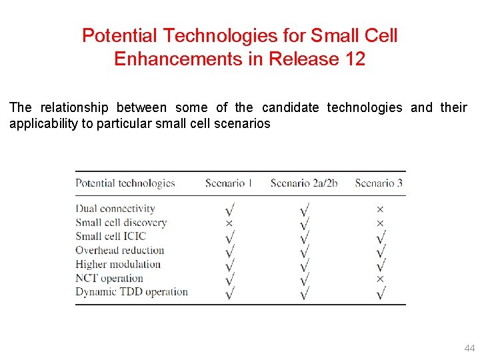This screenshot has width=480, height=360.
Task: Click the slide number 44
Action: tap(469, 349)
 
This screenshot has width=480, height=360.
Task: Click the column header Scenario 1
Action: tap(229, 183)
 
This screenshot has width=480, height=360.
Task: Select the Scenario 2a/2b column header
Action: tap(303, 183)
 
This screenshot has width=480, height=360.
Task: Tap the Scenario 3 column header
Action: tap(379, 183)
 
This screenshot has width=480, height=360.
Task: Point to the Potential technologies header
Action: tap(125, 183)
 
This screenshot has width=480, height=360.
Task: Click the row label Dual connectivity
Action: tap(115, 209)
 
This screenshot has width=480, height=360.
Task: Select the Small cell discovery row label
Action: tap(121, 223)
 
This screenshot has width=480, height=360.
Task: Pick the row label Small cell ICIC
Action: tap(111, 236)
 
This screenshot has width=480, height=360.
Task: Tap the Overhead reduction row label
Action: tap(120, 250)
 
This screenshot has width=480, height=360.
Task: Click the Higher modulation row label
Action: tap(118, 264)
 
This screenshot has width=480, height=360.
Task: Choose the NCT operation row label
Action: tap(109, 278)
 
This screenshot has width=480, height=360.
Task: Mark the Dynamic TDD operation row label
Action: tap(132, 292)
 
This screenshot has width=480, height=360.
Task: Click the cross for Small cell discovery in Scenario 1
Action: tap(229, 223)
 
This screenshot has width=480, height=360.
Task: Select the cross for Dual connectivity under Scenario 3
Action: tap(380, 209)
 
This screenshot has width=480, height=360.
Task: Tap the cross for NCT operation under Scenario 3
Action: tap(380, 279)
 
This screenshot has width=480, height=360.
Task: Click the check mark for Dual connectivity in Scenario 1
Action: tap(229, 209)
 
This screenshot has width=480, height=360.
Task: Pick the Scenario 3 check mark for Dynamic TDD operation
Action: tap(381, 292)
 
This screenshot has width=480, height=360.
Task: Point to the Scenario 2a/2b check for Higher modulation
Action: tap(304, 265)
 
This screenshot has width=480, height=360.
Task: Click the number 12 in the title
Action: tap(355, 59)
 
